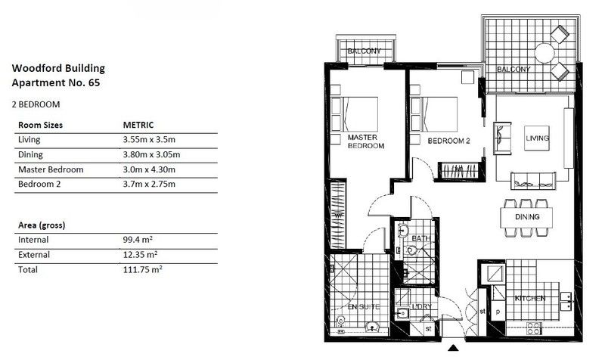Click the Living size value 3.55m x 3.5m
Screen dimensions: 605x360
(149, 140)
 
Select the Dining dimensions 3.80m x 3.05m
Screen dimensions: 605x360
(151, 155)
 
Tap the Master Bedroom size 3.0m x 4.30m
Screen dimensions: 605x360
(149, 169)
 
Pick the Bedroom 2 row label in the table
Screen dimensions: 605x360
(39, 184)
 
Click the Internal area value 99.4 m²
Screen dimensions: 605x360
(138, 240)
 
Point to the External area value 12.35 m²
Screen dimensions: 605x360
(140, 255)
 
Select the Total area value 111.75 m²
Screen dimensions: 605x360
(142, 269)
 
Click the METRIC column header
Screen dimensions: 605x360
(138, 125)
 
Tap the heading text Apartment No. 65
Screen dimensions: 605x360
(56, 82)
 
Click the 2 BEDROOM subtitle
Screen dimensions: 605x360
(36, 104)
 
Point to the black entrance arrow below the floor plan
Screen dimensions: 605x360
(453, 348)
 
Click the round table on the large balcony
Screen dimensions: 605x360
(544, 53)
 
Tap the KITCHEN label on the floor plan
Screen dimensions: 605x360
(530, 298)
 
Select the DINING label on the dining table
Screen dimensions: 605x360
(527, 217)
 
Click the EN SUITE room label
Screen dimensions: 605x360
(364, 307)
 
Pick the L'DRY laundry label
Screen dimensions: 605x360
(422, 306)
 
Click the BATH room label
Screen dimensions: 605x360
(420, 238)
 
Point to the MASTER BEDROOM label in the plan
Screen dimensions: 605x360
(366, 141)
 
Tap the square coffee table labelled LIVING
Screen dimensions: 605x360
(537, 138)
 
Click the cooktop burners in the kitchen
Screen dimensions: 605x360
(534, 329)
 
